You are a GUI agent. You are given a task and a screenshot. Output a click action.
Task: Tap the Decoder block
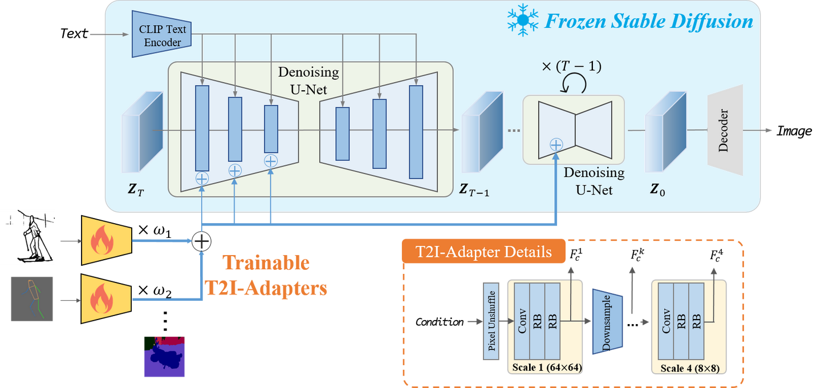(725, 130)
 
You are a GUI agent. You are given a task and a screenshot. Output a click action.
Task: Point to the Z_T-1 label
(474, 189)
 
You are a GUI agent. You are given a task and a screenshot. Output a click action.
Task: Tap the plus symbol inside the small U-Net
(556, 145)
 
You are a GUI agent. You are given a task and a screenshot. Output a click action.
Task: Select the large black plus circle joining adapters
(201, 241)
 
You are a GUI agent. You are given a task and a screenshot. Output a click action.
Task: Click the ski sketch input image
(27, 237)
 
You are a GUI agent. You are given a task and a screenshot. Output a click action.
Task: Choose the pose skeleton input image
(31, 300)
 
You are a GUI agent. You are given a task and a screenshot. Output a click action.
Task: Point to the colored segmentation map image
(164, 357)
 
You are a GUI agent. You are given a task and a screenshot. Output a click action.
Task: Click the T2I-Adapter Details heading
(483, 252)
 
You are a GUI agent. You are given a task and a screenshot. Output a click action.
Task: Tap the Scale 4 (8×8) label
(689, 368)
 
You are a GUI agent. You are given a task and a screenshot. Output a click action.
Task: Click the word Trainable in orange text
(266, 262)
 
